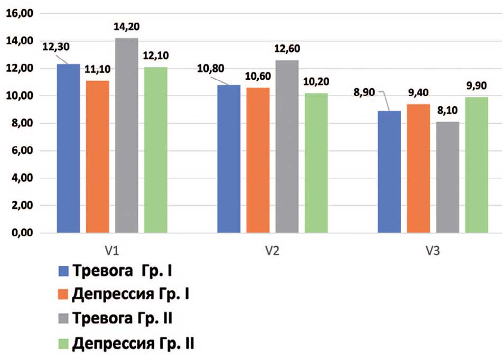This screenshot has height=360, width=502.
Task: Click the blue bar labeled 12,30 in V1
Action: point(69,149)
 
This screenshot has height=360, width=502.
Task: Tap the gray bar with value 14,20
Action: point(127,135)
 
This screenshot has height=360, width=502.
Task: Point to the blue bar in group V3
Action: point(389,172)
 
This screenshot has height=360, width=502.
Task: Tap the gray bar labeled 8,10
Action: point(448,178)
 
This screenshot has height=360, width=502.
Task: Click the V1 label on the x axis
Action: point(112,249)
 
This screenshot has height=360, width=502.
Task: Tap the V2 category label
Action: point(272,249)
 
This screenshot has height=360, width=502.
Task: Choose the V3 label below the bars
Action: point(433,249)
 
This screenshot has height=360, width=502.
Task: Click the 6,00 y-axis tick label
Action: point(21,151)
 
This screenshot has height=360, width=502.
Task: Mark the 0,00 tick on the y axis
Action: point(21,233)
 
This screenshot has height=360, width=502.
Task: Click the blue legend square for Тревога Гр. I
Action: point(62,272)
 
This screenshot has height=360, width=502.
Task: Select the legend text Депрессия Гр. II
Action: point(133,345)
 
